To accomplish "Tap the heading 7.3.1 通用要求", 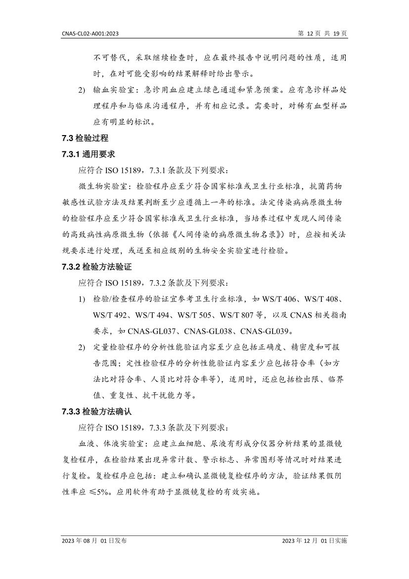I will tap(89, 154).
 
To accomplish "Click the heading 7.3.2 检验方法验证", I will tap(95, 267).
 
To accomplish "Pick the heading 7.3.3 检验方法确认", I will tap(95, 412).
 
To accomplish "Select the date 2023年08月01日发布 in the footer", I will tap(94, 541).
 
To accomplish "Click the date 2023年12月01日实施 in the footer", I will tap(315, 541).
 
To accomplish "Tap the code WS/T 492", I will tap(111, 315).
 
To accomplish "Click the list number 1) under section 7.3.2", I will tap(82, 299).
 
